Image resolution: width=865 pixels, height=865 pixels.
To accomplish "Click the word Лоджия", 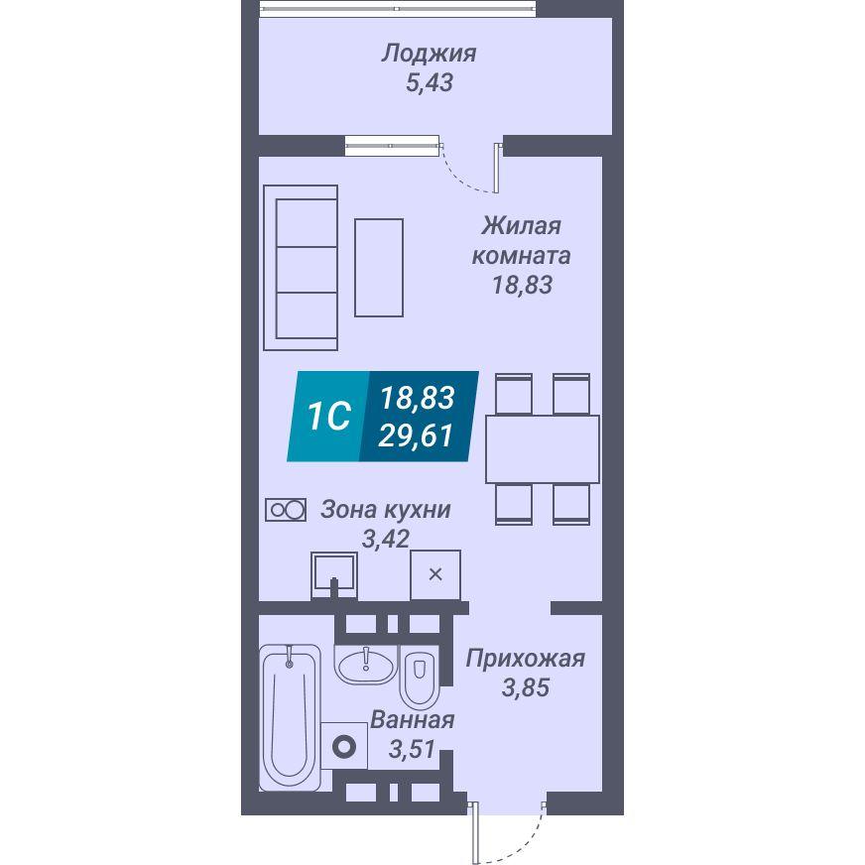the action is coord(429,55).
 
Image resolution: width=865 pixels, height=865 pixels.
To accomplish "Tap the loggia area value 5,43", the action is coord(430,83).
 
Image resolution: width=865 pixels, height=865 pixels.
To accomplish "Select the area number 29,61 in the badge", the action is coord(416,435).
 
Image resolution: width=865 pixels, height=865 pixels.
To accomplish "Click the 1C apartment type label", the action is coord(328,416).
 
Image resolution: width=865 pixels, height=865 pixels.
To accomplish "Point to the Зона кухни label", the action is coord(386,510).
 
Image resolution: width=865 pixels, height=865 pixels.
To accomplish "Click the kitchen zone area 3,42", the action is coord(386,539).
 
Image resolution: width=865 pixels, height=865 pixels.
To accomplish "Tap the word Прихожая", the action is coord(525,659).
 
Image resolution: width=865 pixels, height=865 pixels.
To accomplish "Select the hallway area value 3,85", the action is coord(525,687).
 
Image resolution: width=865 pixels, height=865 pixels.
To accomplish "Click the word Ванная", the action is coord(412,720).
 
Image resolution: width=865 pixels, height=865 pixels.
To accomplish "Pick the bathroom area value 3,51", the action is coord(412,749).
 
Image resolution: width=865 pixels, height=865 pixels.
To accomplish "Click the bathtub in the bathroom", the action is coord(290,718).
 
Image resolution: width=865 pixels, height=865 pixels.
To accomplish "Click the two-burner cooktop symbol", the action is coord(286,510).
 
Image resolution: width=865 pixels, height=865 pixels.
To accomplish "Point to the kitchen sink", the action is coord(333,575).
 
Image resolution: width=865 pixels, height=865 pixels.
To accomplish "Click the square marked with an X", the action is coord(435,574).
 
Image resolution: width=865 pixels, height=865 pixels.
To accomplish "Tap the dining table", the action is coord(543,449).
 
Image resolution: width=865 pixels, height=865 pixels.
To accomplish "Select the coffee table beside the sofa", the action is coord(379,268).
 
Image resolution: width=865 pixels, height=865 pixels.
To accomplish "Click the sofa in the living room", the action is coord(301,268).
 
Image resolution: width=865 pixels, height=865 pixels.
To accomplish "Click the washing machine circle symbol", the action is coord(344,746).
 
